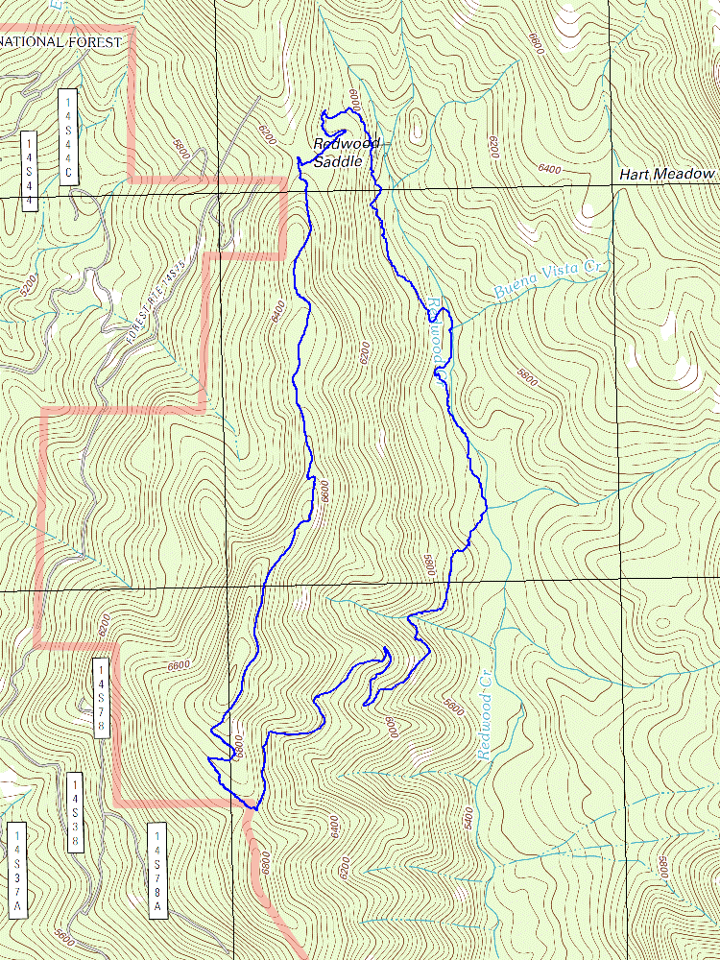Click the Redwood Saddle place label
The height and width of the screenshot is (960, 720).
[x=346, y=153]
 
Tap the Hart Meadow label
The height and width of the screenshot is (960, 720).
[x=667, y=174]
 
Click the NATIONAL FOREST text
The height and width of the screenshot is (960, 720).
[x=61, y=42]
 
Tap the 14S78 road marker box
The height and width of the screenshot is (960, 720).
[x=102, y=698]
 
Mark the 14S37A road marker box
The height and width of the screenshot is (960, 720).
[x=16, y=869]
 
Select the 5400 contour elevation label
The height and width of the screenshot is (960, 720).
[x=468, y=817]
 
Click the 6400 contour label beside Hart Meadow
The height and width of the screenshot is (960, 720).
[x=549, y=169]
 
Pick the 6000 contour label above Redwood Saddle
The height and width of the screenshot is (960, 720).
[x=353, y=96]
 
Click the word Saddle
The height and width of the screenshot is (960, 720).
[x=338, y=161]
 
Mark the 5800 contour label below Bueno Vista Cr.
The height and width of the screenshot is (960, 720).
[x=525, y=375]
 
